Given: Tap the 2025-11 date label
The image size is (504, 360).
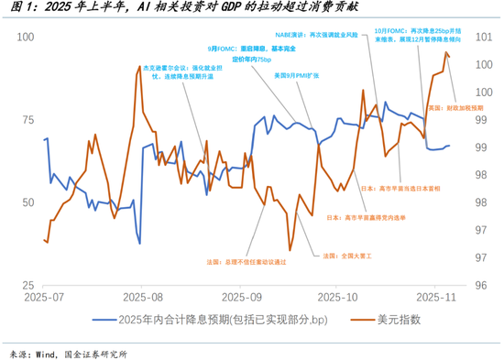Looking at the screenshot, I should click(436, 298).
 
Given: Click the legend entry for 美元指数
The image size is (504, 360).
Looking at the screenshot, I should click(398, 319).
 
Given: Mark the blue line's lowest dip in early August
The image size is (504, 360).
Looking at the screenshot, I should click(138, 243).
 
